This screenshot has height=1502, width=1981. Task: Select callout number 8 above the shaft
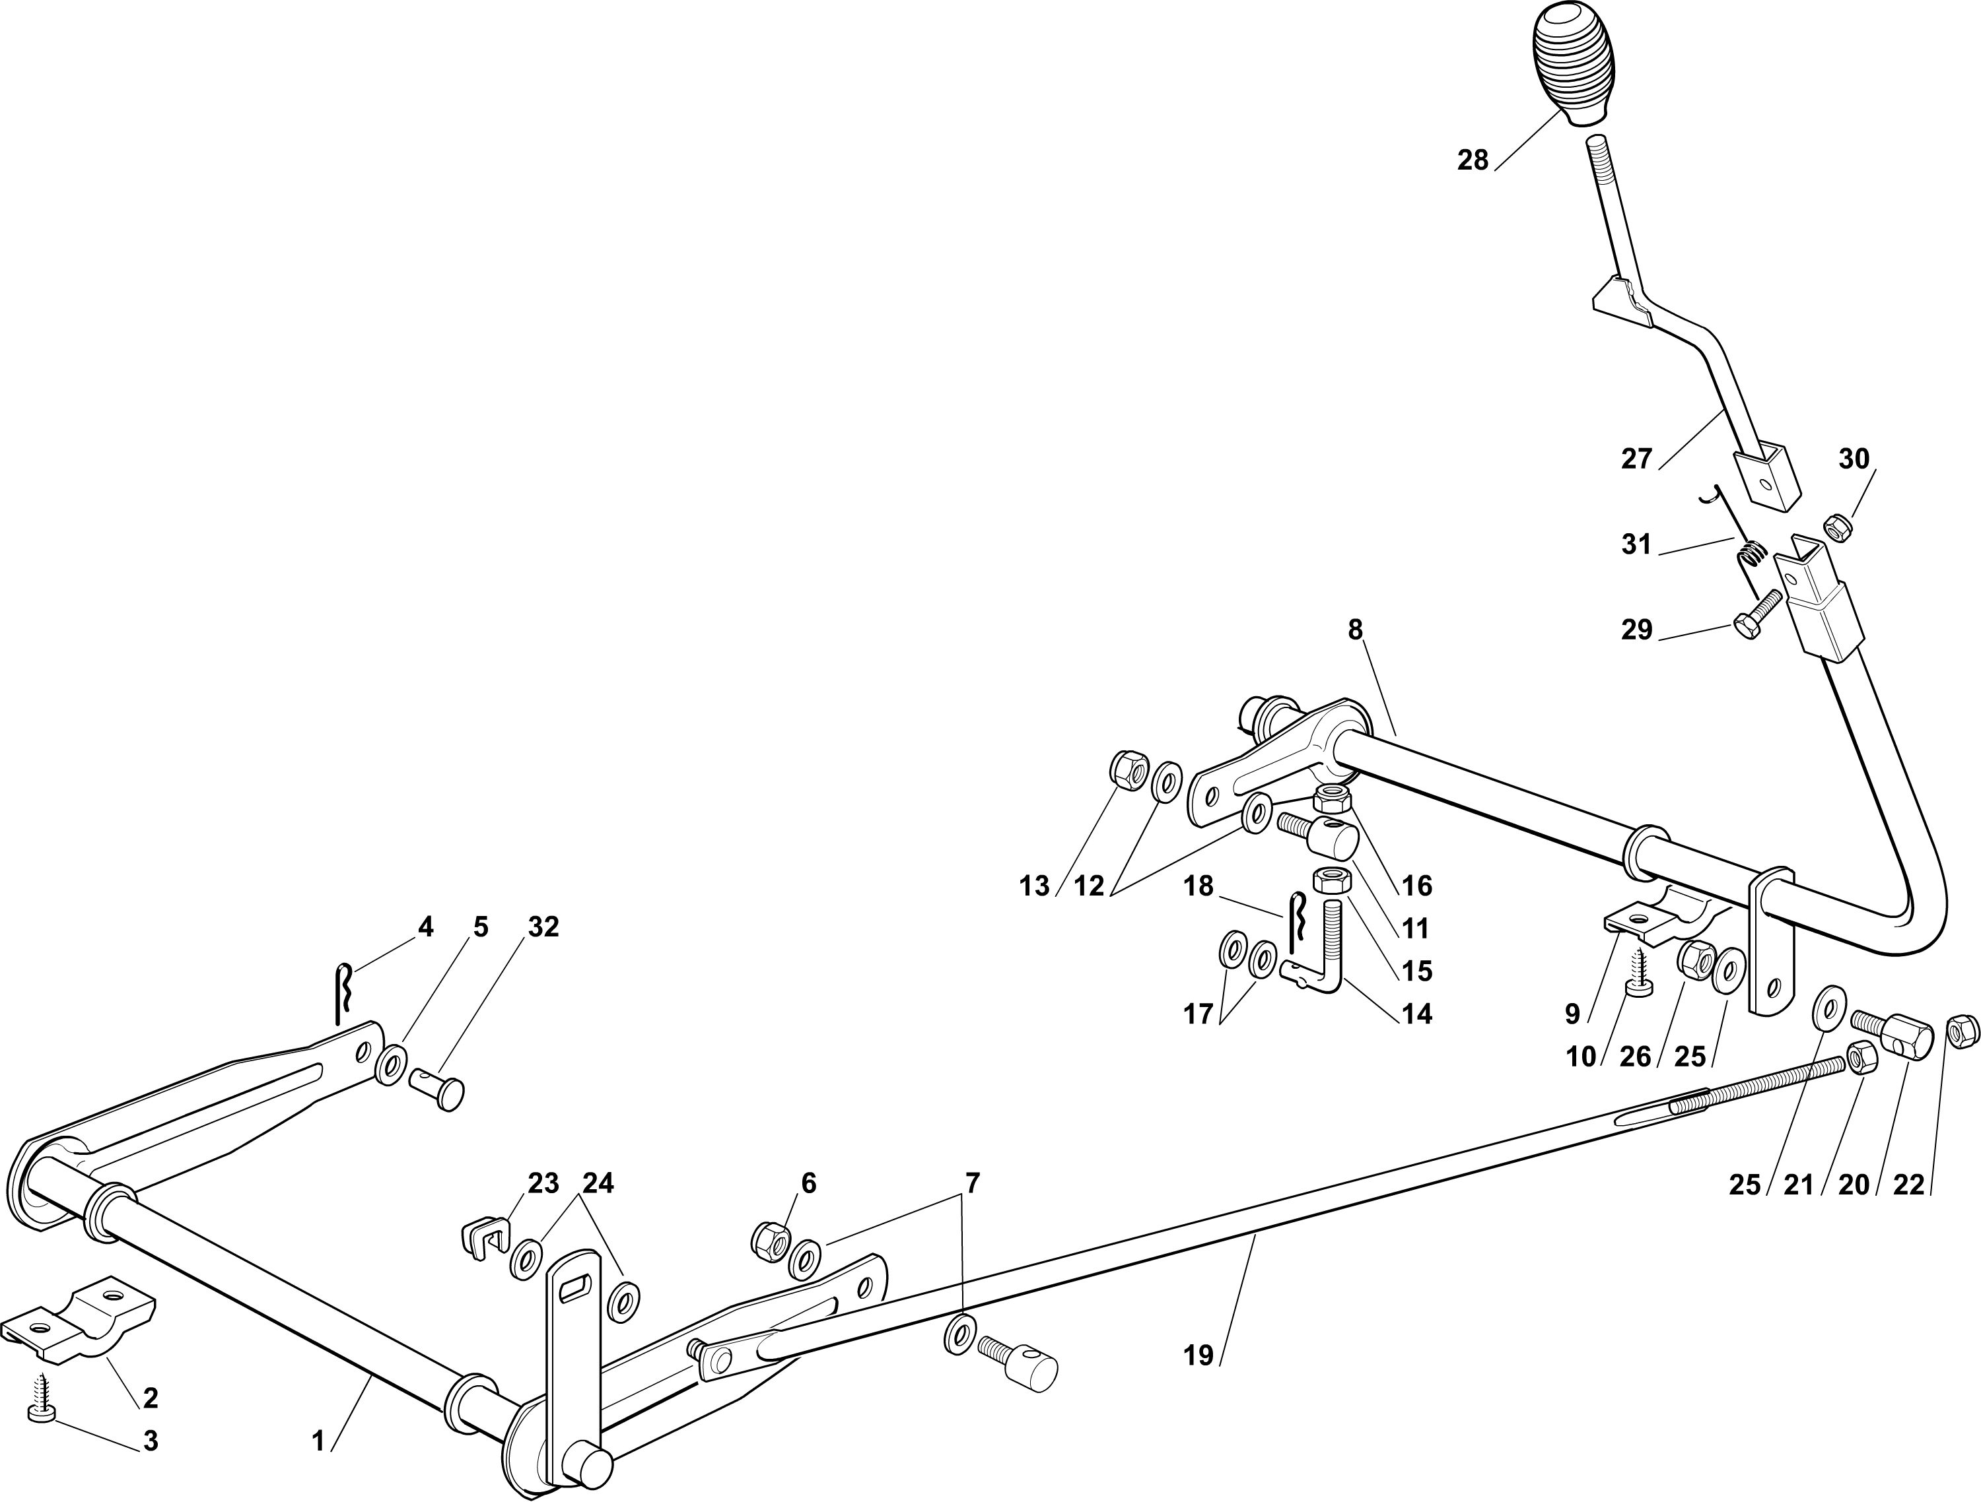[x=1355, y=630]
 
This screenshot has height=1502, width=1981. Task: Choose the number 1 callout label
[x=318, y=1441]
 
